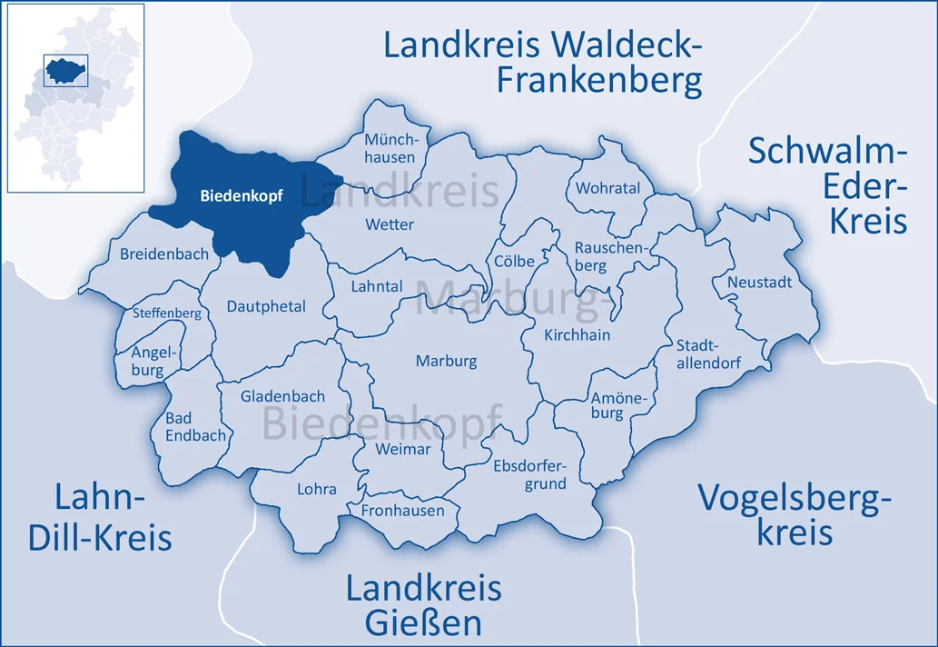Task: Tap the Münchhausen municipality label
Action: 390,148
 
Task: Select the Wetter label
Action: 389,224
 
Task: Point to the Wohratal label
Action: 607,188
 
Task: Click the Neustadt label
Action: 759,282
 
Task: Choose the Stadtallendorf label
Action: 708,353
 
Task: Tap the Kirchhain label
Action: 577,334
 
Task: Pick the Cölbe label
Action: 515,261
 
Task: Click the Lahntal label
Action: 376,285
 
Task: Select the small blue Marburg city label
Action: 446,361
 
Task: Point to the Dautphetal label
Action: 266,306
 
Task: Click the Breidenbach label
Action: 163,254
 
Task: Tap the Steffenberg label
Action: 166,313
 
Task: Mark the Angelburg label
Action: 148,361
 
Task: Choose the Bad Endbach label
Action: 195,426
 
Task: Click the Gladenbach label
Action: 282,396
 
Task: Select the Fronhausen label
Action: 403,510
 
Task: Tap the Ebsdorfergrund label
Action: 529,474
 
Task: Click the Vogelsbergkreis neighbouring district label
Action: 795,513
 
